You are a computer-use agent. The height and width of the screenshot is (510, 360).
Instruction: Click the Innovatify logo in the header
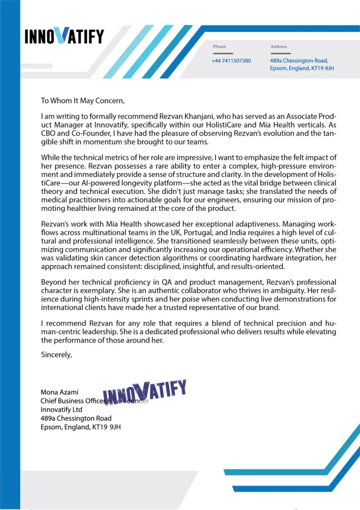(64, 36)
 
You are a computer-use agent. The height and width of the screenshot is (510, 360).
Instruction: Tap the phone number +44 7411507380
(231, 61)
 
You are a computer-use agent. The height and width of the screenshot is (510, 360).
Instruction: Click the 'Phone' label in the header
(219, 47)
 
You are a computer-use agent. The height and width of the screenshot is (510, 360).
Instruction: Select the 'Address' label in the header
(279, 47)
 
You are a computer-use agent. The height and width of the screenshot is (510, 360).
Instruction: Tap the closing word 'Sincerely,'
(57, 355)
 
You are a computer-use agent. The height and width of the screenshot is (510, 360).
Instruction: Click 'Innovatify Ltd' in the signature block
(61, 409)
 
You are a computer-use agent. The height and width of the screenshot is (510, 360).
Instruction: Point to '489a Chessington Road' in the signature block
(76, 418)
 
